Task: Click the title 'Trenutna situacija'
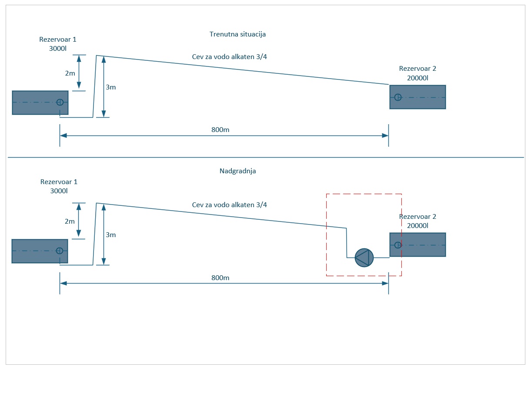pos(237,34)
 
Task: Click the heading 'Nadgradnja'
pos(237,171)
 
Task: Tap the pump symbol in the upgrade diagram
pos(364,258)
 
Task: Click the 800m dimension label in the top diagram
pos(220,130)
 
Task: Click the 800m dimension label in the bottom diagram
pos(220,277)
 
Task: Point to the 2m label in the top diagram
pos(70,73)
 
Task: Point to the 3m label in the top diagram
pos(111,87)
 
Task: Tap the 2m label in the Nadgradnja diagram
pos(70,221)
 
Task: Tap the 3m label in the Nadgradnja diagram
pos(111,235)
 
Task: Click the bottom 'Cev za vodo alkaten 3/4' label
pos(229,205)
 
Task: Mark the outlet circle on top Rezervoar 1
pos(60,102)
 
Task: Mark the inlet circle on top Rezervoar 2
pos(397,97)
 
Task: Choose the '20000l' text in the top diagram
pos(417,78)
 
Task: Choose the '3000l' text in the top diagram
pos(58,48)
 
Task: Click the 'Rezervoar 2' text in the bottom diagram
pos(417,217)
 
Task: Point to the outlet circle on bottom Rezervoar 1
pos(60,251)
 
